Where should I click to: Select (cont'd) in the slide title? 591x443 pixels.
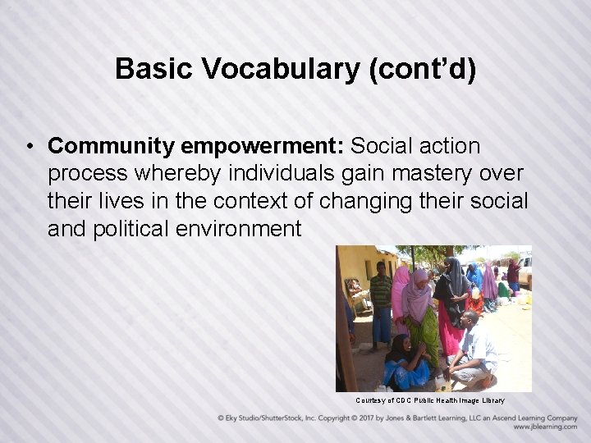click(422, 69)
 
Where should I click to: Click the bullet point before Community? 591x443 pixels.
click(29, 147)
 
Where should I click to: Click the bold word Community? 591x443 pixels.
click(111, 147)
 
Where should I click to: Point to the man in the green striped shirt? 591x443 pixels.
click(380, 299)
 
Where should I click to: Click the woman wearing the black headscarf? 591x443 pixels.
click(452, 291)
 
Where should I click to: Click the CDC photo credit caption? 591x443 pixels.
click(429, 400)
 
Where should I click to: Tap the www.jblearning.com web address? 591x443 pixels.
click(545, 427)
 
